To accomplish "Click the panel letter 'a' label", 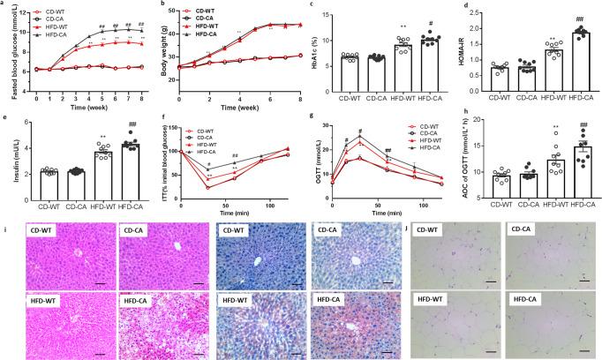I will [4, 6].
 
